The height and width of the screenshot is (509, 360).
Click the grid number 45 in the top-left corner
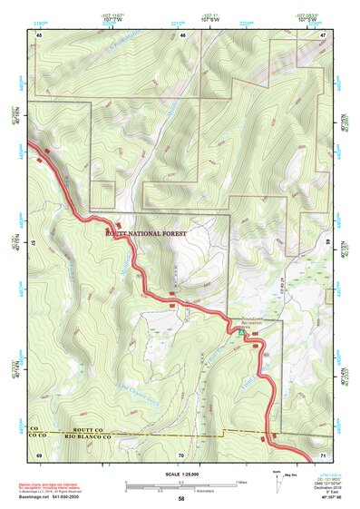(x=39, y=34)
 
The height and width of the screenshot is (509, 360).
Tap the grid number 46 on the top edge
(x=182, y=34)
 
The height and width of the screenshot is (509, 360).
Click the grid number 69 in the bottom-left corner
(x=39, y=454)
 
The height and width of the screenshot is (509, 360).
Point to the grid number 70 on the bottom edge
(x=181, y=454)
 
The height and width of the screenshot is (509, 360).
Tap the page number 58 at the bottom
(x=181, y=498)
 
